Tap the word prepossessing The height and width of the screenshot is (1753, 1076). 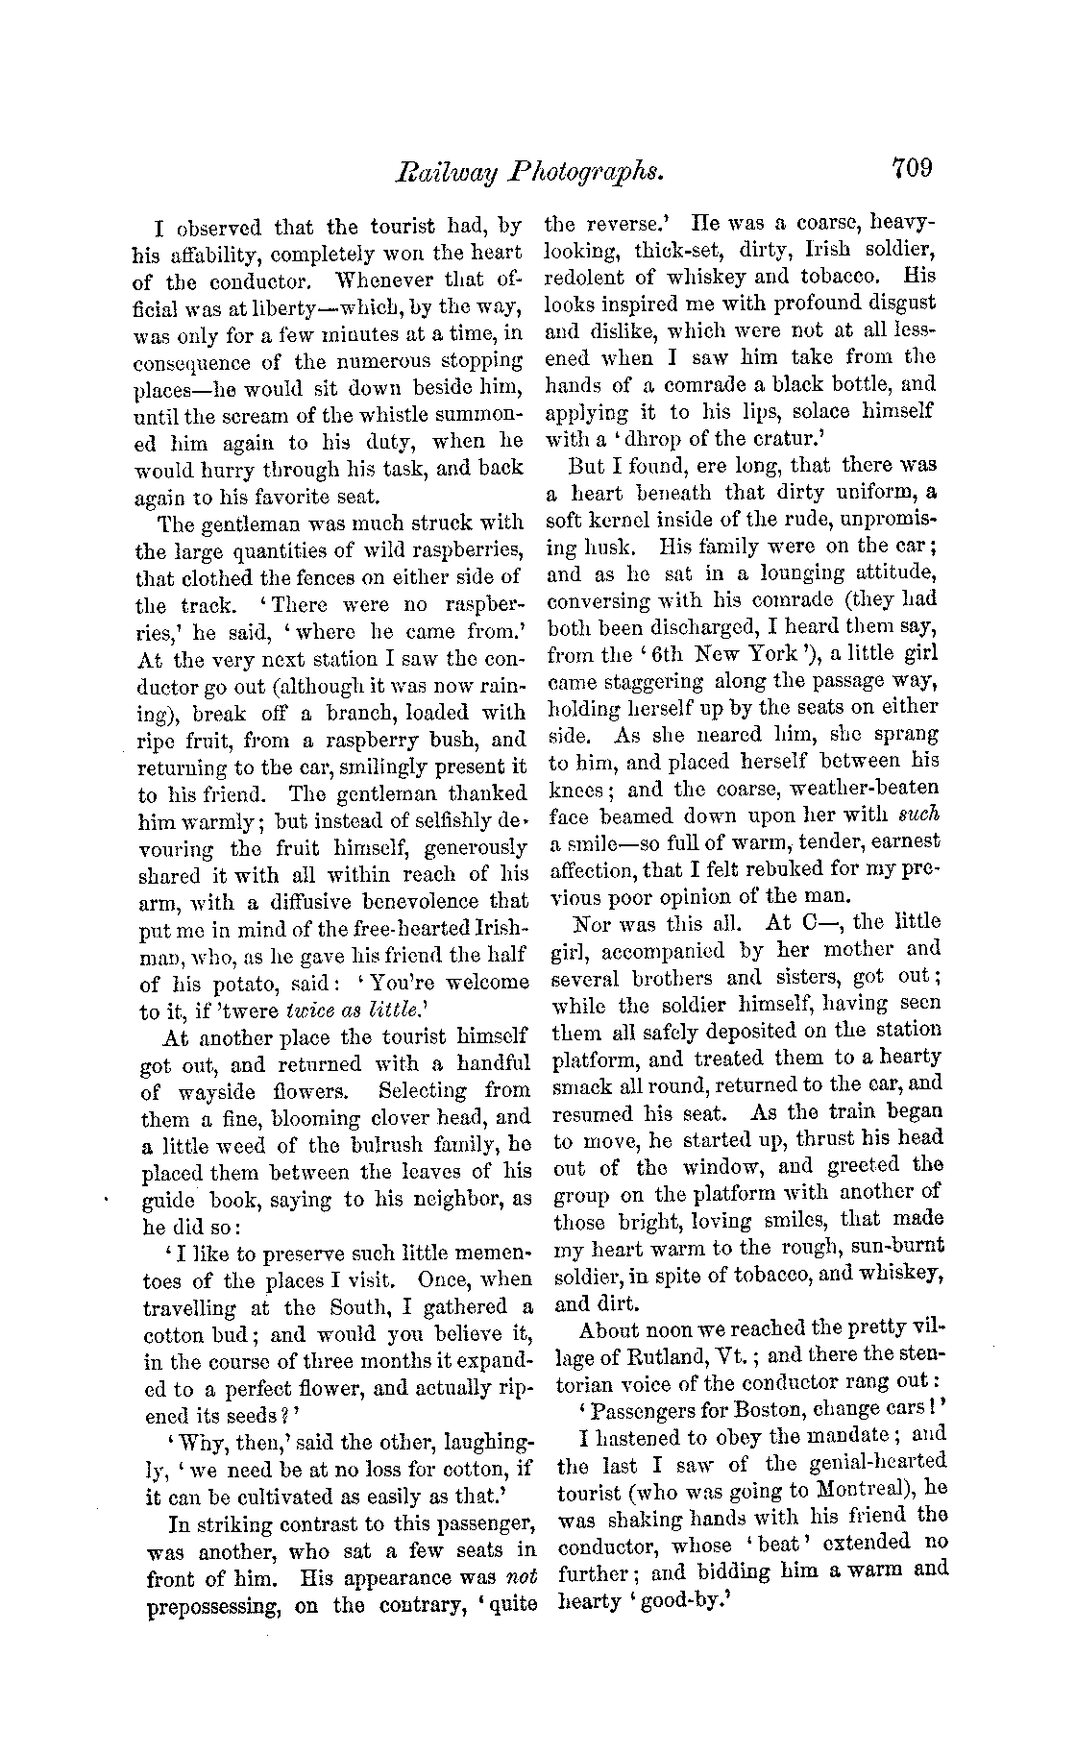[213, 1606]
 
